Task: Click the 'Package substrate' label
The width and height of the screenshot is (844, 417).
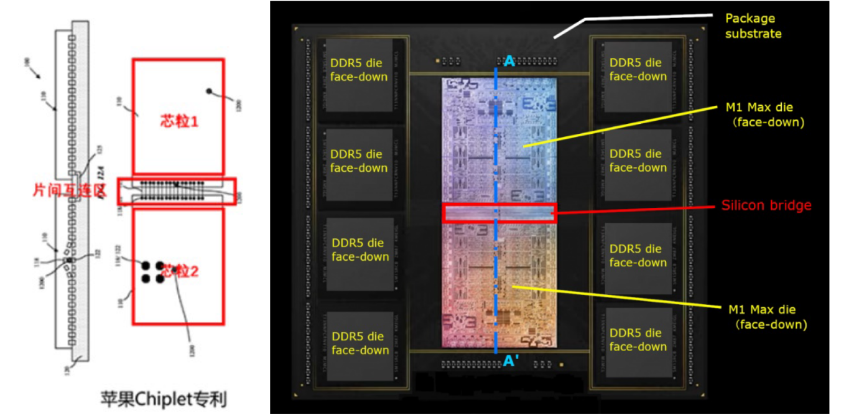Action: click(x=753, y=26)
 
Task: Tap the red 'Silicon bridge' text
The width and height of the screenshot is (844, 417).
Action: click(x=766, y=205)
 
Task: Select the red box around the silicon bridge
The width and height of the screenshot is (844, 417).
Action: click(x=499, y=213)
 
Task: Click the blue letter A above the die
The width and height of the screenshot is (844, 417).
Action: click(x=509, y=61)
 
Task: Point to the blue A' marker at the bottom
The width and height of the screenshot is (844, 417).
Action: click(x=511, y=361)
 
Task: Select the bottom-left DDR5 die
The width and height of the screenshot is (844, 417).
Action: click(x=360, y=344)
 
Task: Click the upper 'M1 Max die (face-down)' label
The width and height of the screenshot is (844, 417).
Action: click(x=764, y=115)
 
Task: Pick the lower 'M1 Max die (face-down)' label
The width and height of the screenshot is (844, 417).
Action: click(x=767, y=317)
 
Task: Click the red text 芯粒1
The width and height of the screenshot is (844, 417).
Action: click(x=178, y=121)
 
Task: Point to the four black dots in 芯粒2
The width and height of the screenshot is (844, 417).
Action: click(x=152, y=273)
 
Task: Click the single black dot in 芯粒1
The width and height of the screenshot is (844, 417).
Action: click(x=210, y=91)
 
